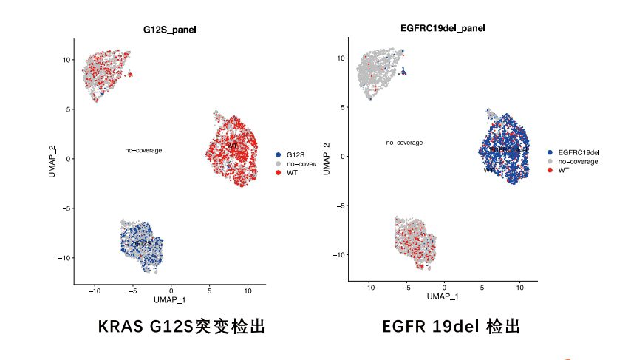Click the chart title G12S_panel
pyautogui.click(x=170, y=30)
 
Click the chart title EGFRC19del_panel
pyautogui.click(x=443, y=28)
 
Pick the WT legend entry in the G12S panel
pyautogui.click(x=292, y=172)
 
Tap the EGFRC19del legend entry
pyautogui.click(x=578, y=152)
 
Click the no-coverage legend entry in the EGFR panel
pyautogui.click(x=577, y=161)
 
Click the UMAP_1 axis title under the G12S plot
pyautogui.click(x=170, y=299)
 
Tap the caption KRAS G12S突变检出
pyautogui.click(x=182, y=326)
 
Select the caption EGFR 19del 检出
pyautogui.click(x=451, y=326)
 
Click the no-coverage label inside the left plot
pyautogui.click(x=143, y=150)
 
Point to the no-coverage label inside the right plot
pyautogui.click(x=404, y=143)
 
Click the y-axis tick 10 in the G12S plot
pyautogui.click(x=66, y=60)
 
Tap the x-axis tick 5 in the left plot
pyautogui.click(x=210, y=291)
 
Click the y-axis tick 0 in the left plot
pyautogui.click(x=68, y=159)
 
